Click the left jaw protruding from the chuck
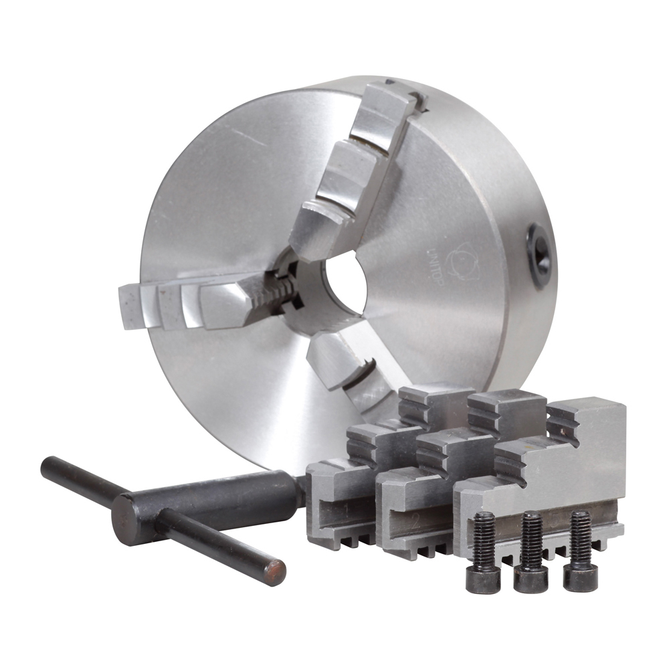tap(201, 305)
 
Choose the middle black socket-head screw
tap(531, 553)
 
